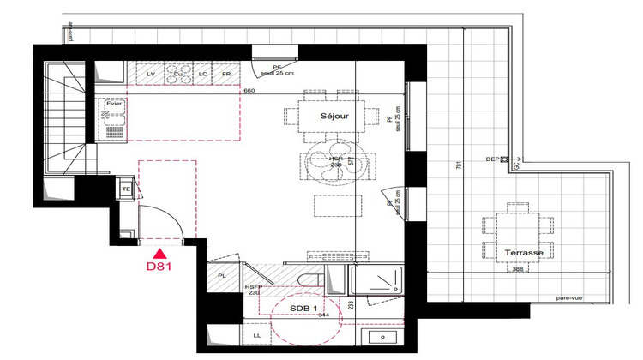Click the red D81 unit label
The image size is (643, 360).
click(159, 267)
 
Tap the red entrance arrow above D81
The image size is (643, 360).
click(159, 252)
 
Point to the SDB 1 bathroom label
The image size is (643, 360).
click(304, 308)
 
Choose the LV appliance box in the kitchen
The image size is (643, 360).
click(151, 75)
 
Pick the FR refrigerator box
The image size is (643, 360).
click(227, 75)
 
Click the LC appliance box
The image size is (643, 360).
click(203, 75)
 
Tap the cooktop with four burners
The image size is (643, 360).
click(178, 74)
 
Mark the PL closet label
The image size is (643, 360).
click(220, 276)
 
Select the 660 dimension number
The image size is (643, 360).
click(250, 90)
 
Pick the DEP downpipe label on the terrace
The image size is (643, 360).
click(492, 159)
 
